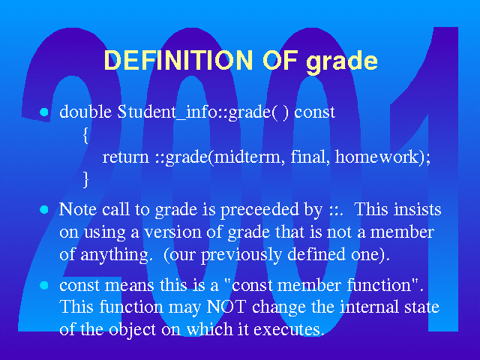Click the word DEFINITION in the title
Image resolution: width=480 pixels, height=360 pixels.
[x=178, y=60]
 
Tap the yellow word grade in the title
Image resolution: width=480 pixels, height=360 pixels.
[x=342, y=62]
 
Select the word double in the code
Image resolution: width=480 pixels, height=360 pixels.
[x=85, y=112]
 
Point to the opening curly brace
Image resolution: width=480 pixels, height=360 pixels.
[x=86, y=135]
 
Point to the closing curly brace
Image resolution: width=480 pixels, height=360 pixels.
[x=86, y=179]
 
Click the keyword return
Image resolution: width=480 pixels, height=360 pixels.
[x=125, y=157]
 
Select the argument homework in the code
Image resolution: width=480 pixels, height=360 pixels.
[x=376, y=157]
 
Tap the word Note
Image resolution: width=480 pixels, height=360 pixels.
[x=78, y=209]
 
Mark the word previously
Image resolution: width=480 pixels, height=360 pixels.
[x=241, y=255]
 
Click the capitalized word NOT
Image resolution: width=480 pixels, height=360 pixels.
[x=226, y=307]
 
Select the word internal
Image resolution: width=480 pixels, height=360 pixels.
[x=370, y=306]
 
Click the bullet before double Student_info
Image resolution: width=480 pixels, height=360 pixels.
[x=44, y=112]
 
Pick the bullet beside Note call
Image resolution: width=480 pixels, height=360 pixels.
[x=44, y=210]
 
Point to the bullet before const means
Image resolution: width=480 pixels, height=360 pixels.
[x=44, y=285]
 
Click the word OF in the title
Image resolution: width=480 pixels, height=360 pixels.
[x=280, y=60]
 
